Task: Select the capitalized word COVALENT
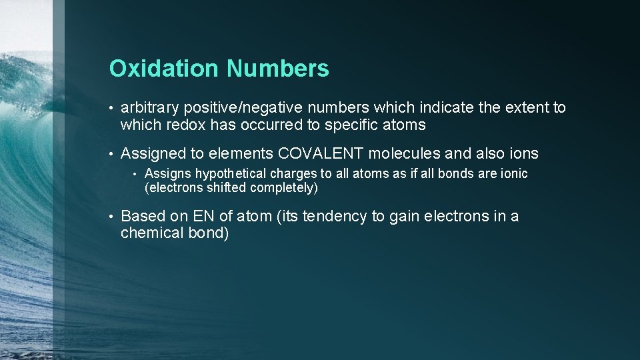tap(321, 153)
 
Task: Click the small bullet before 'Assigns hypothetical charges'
tap(135, 174)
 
